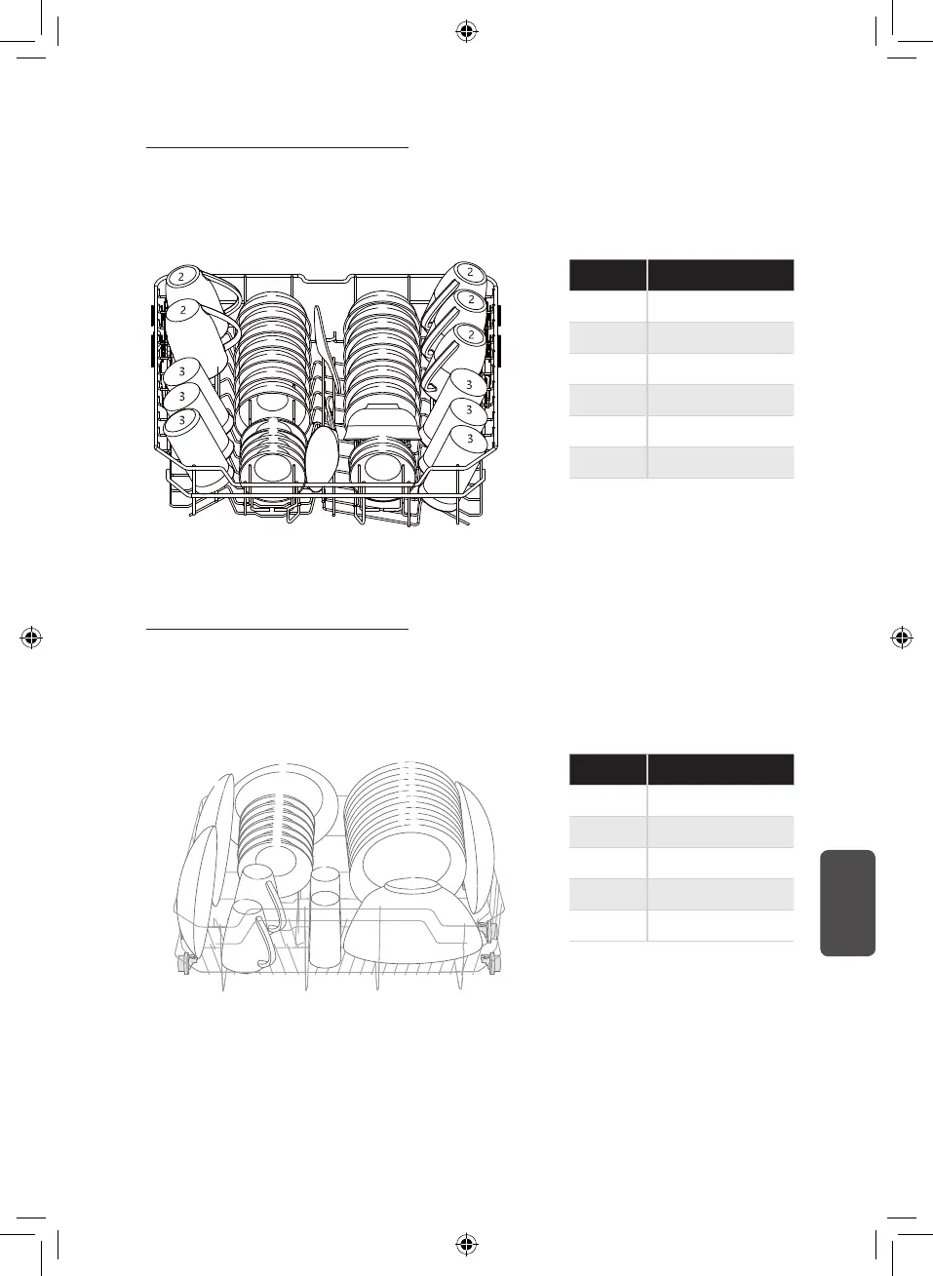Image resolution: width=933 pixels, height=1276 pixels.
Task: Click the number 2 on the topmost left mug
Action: (x=181, y=277)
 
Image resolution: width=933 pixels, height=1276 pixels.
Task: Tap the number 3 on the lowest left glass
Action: (x=181, y=420)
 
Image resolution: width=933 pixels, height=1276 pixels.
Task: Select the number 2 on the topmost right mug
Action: (x=470, y=272)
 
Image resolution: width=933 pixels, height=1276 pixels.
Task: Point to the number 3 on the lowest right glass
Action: (x=470, y=439)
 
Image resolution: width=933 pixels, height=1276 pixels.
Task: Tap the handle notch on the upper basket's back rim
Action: (x=324, y=279)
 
